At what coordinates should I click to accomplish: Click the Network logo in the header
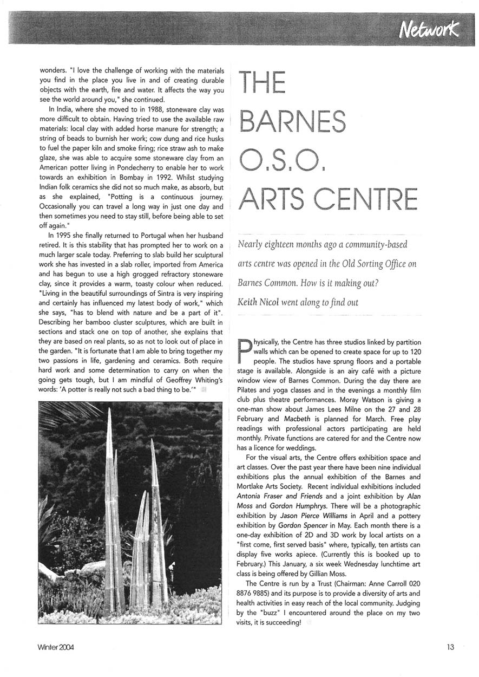click(x=428, y=29)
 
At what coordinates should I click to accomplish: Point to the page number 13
click(x=451, y=647)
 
